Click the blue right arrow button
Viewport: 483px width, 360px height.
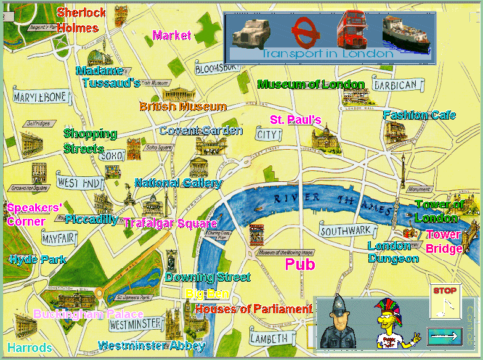pyautogui.click(x=444, y=337)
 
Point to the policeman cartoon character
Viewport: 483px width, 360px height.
pyautogui.click(x=338, y=325)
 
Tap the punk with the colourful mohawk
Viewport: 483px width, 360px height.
pyautogui.click(x=391, y=324)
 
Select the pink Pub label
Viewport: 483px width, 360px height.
pyautogui.click(x=300, y=264)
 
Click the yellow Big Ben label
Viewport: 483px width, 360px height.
pyautogui.click(x=208, y=293)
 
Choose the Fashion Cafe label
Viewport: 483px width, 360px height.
pyautogui.click(x=419, y=115)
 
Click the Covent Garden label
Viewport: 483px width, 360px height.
pyautogui.click(x=200, y=131)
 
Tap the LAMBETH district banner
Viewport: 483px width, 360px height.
pyautogui.click(x=269, y=338)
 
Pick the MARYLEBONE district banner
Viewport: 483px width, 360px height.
pyautogui.click(x=39, y=97)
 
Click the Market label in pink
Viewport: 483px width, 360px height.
pyautogui.click(x=172, y=35)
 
